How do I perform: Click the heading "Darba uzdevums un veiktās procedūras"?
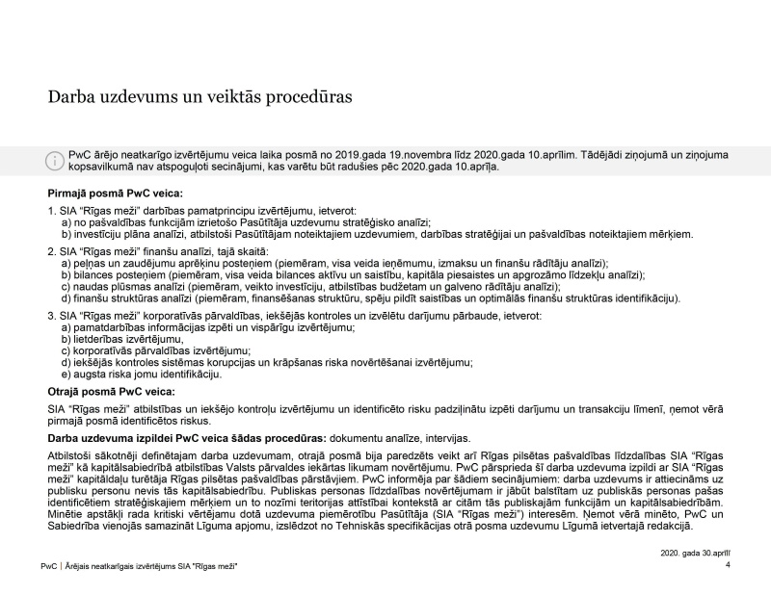(199, 97)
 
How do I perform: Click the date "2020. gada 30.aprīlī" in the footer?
(695, 554)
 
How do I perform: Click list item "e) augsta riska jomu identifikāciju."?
(135, 374)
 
